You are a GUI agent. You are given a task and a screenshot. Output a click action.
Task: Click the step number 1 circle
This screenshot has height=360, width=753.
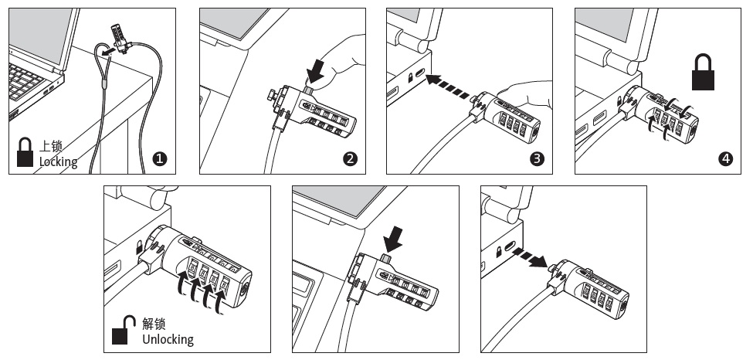click(x=161, y=159)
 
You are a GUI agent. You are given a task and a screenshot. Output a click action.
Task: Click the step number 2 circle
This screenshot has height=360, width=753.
click(x=350, y=159)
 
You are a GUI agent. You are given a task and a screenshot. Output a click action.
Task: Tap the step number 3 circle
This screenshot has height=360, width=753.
click(x=538, y=159)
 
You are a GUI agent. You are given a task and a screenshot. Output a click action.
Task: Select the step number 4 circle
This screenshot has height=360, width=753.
click(x=725, y=159)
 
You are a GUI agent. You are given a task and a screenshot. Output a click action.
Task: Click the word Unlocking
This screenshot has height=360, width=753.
click(x=168, y=339)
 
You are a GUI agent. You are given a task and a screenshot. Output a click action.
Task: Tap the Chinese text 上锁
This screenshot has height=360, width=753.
click(x=51, y=147)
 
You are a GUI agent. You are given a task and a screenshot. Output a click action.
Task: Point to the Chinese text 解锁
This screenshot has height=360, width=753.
click(x=154, y=324)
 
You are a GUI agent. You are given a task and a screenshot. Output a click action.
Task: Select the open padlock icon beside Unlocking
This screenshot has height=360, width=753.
click(x=121, y=331)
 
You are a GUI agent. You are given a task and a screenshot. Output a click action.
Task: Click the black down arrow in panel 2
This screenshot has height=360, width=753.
click(x=317, y=73)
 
